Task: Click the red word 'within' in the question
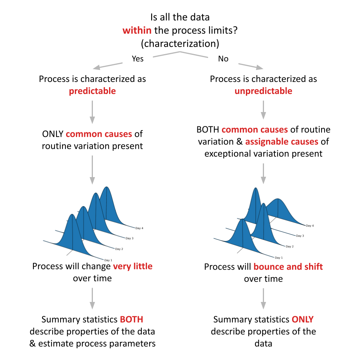(137, 30)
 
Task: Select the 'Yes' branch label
(138, 59)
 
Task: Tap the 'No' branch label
(223, 59)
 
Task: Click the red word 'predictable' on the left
(93, 91)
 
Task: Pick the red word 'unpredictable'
(263, 91)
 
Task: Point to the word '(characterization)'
(180, 43)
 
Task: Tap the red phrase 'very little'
(133, 266)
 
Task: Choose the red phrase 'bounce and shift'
(288, 267)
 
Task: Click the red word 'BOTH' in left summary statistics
(132, 320)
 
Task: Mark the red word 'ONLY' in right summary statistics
(302, 320)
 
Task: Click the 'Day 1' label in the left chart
(108, 260)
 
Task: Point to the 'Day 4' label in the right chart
(310, 226)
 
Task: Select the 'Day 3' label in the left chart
(129, 238)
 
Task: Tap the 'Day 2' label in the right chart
(290, 246)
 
